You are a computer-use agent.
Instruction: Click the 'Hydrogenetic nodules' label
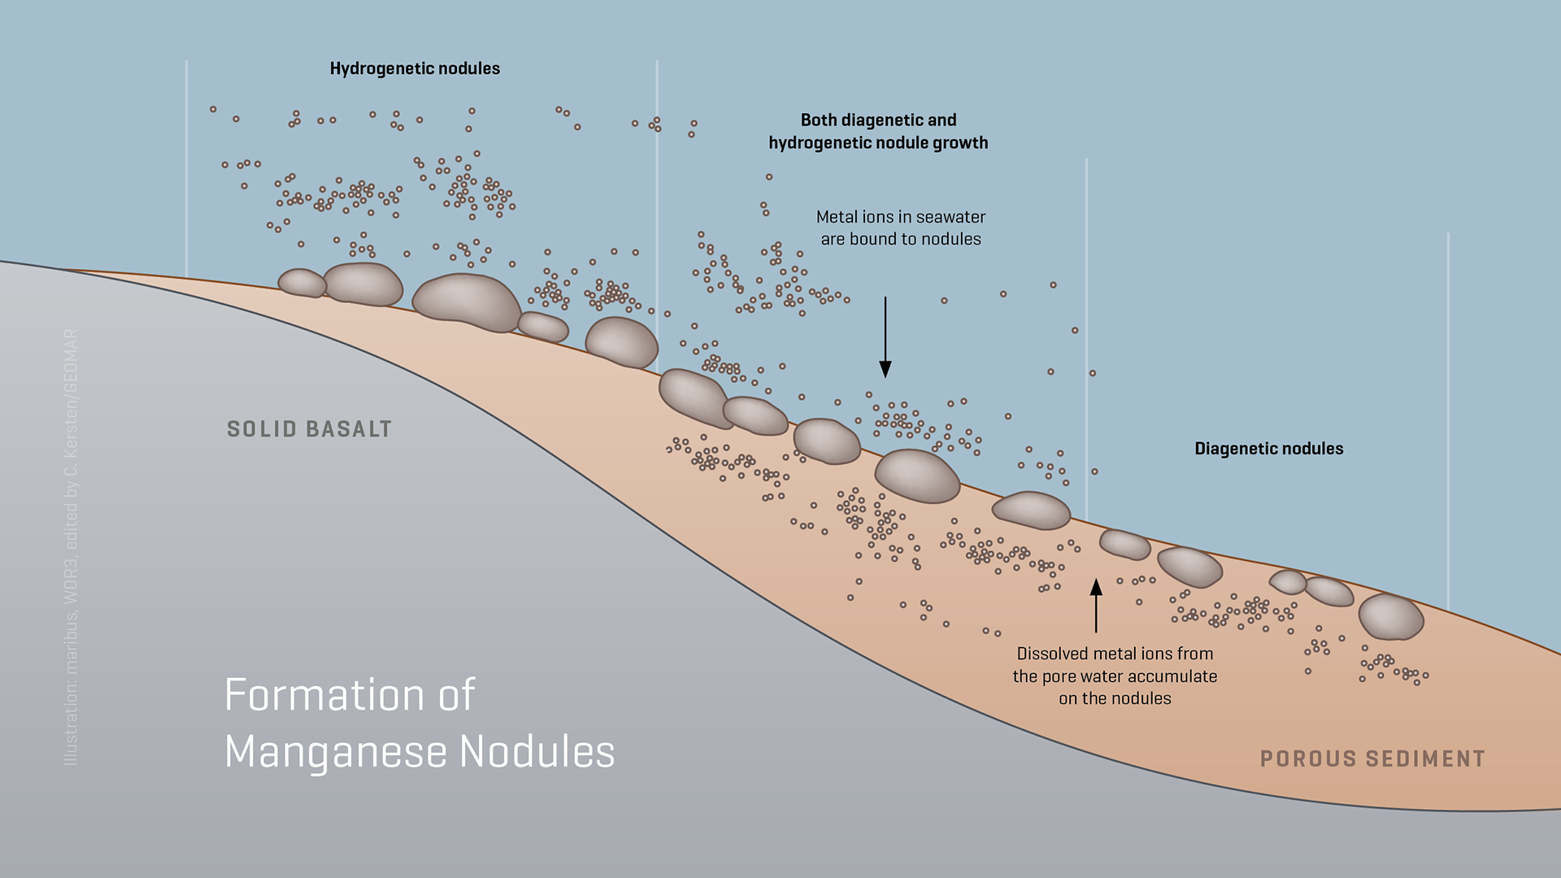[415, 69]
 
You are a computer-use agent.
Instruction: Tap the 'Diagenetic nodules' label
[1268, 449]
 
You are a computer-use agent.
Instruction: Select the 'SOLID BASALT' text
[309, 429]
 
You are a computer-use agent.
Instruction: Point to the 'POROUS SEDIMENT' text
[1372, 759]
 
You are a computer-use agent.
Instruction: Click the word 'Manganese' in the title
[335, 752]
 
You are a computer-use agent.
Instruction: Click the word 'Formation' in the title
[324, 696]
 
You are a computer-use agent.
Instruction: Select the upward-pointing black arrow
[1096, 605]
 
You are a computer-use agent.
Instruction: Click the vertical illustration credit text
[72, 546]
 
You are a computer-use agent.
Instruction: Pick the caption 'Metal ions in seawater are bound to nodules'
[901, 228]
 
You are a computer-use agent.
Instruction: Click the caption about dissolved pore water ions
[1115, 676]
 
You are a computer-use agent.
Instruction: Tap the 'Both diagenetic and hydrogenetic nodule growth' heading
[878, 132]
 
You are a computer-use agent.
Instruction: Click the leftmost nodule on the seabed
[302, 283]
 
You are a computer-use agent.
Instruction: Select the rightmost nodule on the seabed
[1390, 617]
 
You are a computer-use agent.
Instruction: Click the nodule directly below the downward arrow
[917, 476]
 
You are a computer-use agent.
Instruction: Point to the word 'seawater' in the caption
[950, 217]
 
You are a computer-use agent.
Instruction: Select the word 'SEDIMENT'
[1425, 759]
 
